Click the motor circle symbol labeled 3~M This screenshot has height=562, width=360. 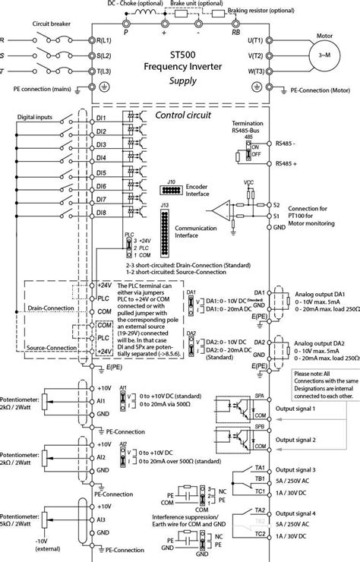[327, 59]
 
